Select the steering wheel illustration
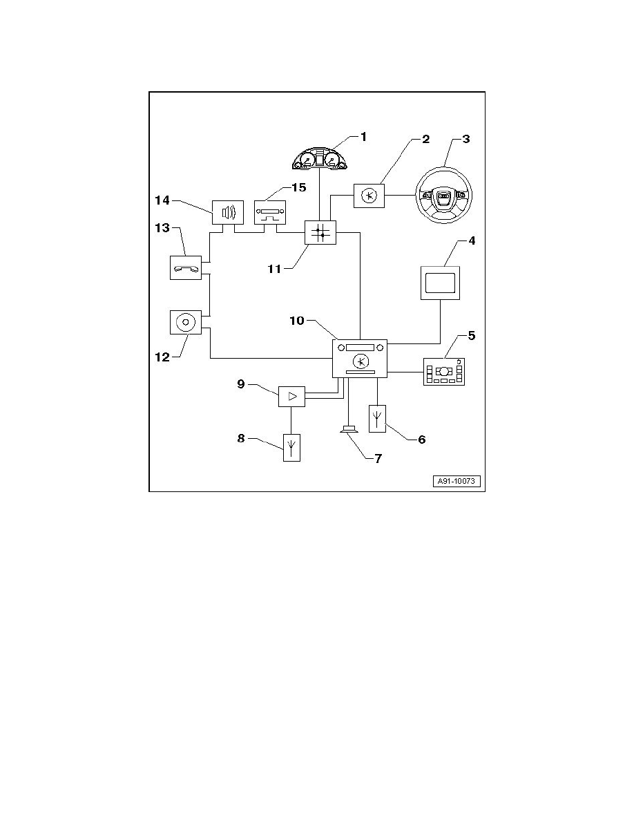tap(443, 196)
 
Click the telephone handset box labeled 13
tap(185, 267)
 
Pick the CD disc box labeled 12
tap(185, 322)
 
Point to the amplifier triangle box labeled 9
tap(291, 396)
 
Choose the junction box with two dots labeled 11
tap(320, 234)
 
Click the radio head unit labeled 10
tap(360, 359)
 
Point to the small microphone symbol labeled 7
tap(349, 431)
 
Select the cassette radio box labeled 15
tap(270, 212)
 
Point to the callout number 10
tap(297, 322)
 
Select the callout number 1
tap(363, 137)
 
